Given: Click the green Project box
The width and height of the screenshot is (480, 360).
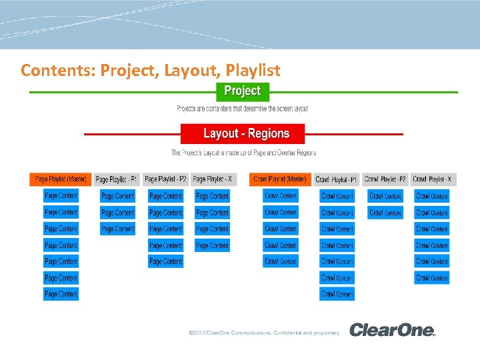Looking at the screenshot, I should (x=243, y=91).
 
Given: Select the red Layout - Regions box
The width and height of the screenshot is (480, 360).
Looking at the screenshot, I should (x=243, y=133).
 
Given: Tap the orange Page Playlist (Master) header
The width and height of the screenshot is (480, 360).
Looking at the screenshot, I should (x=60, y=179).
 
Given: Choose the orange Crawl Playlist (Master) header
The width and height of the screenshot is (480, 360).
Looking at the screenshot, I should (x=280, y=179).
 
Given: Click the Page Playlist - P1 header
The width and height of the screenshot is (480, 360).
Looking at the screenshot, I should (x=116, y=179).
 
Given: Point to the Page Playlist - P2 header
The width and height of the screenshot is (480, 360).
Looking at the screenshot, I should (x=165, y=179).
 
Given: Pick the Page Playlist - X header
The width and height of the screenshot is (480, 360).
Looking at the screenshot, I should (x=212, y=179).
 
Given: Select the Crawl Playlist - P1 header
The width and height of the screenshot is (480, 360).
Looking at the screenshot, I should (x=336, y=179).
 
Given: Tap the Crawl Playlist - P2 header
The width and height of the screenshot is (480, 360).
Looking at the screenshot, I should (x=385, y=179).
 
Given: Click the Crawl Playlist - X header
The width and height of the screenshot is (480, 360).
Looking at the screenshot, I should (x=432, y=179).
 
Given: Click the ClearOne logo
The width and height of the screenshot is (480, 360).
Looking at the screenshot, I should (x=392, y=330).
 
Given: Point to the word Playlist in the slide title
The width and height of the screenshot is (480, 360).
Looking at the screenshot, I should (x=253, y=69).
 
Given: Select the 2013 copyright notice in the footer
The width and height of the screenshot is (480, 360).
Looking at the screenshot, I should (x=265, y=332).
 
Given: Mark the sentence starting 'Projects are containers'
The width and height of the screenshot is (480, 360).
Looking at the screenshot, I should (x=242, y=109).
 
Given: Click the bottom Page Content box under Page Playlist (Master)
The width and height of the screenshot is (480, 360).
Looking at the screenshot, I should (x=61, y=294).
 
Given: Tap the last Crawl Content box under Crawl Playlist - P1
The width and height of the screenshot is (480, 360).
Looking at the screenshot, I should (x=337, y=294).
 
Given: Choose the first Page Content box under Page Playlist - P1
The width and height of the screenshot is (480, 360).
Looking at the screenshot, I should (x=117, y=196).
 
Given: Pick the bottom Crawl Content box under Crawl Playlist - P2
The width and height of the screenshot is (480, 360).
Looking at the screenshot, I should (x=385, y=213).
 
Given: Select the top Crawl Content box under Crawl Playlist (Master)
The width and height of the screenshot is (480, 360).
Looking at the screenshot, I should (x=280, y=196).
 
